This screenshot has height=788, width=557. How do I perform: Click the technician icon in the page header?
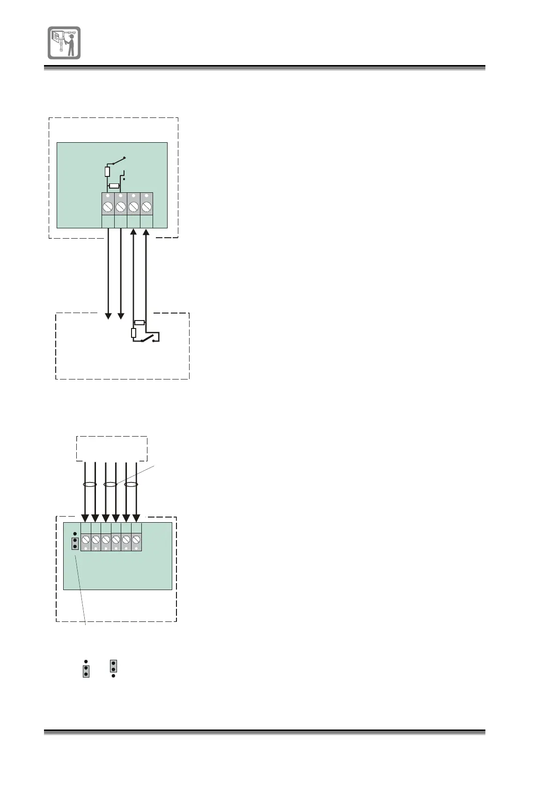tap(64, 43)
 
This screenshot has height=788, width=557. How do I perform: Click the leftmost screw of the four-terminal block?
tap(108, 207)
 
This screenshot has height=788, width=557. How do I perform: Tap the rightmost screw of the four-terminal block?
tap(147, 207)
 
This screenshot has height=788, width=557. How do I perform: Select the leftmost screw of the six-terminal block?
tap(86, 540)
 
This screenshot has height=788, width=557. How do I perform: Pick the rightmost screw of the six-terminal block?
tap(136, 540)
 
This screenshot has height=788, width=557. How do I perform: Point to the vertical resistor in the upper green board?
tap(107, 172)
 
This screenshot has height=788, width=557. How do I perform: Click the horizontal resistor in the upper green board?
tap(114, 186)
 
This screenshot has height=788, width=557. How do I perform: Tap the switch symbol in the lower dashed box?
tap(147, 338)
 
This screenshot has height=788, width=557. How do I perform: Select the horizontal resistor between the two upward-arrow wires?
tap(139, 322)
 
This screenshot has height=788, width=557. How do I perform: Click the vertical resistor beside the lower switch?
tap(133, 333)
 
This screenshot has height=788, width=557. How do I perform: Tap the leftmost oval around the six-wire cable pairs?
tap(90, 485)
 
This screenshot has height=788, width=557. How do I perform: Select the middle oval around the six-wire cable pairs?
tap(110, 485)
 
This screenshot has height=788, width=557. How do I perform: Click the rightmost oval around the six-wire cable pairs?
tap(131, 485)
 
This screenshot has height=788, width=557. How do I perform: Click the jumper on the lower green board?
tap(75, 543)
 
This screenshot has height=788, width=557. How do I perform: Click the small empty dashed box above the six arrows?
tap(112, 449)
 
